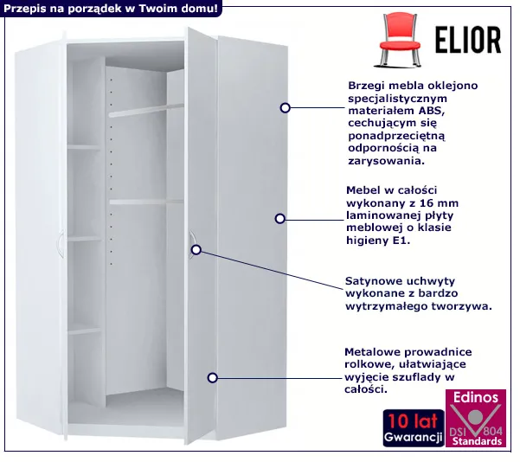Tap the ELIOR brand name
click(468, 41)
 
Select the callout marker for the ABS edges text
click(286, 108)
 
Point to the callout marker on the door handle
click(196, 250)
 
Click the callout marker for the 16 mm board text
click(280, 219)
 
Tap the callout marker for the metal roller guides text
click(213, 378)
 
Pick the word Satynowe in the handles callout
click(369, 281)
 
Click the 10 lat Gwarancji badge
click(414, 428)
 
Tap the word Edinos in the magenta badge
click(476, 397)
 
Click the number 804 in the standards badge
click(493, 431)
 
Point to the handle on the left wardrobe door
click(60, 245)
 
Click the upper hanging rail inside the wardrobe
click(146, 111)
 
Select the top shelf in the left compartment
click(84, 147)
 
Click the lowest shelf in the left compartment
click(84, 330)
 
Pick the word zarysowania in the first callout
click(387, 161)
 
